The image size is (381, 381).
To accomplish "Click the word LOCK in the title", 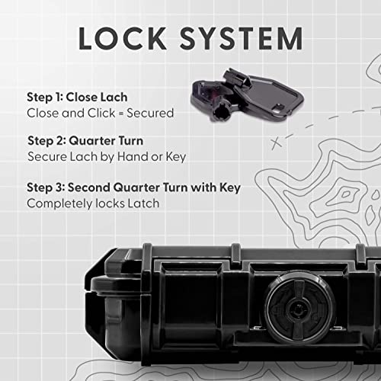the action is click(123, 38).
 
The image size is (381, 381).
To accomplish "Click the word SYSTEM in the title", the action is click(242, 38).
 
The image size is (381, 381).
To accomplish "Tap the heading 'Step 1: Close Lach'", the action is click(77, 98).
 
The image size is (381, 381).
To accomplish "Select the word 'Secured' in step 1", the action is click(150, 113).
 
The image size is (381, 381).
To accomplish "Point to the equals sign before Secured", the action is click(121, 114).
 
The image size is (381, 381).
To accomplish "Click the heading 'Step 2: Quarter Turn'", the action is click(85, 141).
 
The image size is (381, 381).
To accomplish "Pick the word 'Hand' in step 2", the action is click(133, 156).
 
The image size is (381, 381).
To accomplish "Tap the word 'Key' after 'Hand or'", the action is click(176, 157).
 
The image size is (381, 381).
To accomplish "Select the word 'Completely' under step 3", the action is click(59, 203).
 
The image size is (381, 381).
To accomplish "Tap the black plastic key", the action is click(247, 95).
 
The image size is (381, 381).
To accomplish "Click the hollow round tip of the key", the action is click(219, 114).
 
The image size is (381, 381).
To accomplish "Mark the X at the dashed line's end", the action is click(277, 143).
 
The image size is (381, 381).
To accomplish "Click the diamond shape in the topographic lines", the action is click(346, 194).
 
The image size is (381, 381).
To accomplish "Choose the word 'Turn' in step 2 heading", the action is click(131, 141).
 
